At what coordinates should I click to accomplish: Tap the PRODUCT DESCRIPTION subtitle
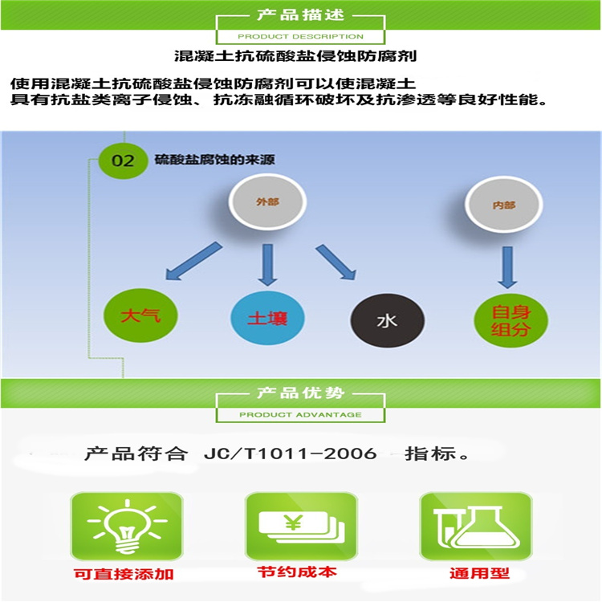pos(300,36)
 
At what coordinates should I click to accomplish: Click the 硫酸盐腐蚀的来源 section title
pos(214,160)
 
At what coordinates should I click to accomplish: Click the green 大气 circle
pos(140,315)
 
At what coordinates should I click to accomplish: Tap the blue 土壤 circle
pos(268,319)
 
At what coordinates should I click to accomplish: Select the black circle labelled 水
pos(387,321)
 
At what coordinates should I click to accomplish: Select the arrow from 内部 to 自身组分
pos(506,267)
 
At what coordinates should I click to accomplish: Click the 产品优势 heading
pos(300,393)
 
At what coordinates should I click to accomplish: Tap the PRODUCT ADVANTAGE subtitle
pos(300,415)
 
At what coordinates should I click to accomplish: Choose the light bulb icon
pos(126,526)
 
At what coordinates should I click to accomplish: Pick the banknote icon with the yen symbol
pos(300,526)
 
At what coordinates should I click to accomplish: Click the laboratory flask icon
pos(475,526)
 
